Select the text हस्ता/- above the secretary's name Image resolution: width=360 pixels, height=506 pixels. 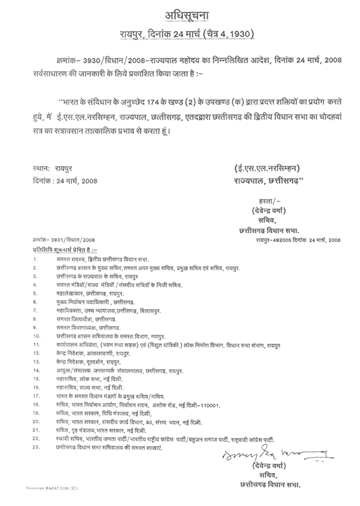pyautogui.click(x=261, y=196)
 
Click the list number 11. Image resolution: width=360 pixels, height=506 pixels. pyautogui.click(x=36, y=344)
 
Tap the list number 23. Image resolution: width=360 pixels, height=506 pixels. pyautogui.click(x=36, y=448)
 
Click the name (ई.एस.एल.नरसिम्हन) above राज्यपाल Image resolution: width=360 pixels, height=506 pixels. pyautogui.click(x=268, y=168)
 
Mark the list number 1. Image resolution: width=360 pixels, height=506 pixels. pyautogui.click(x=35, y=259)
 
